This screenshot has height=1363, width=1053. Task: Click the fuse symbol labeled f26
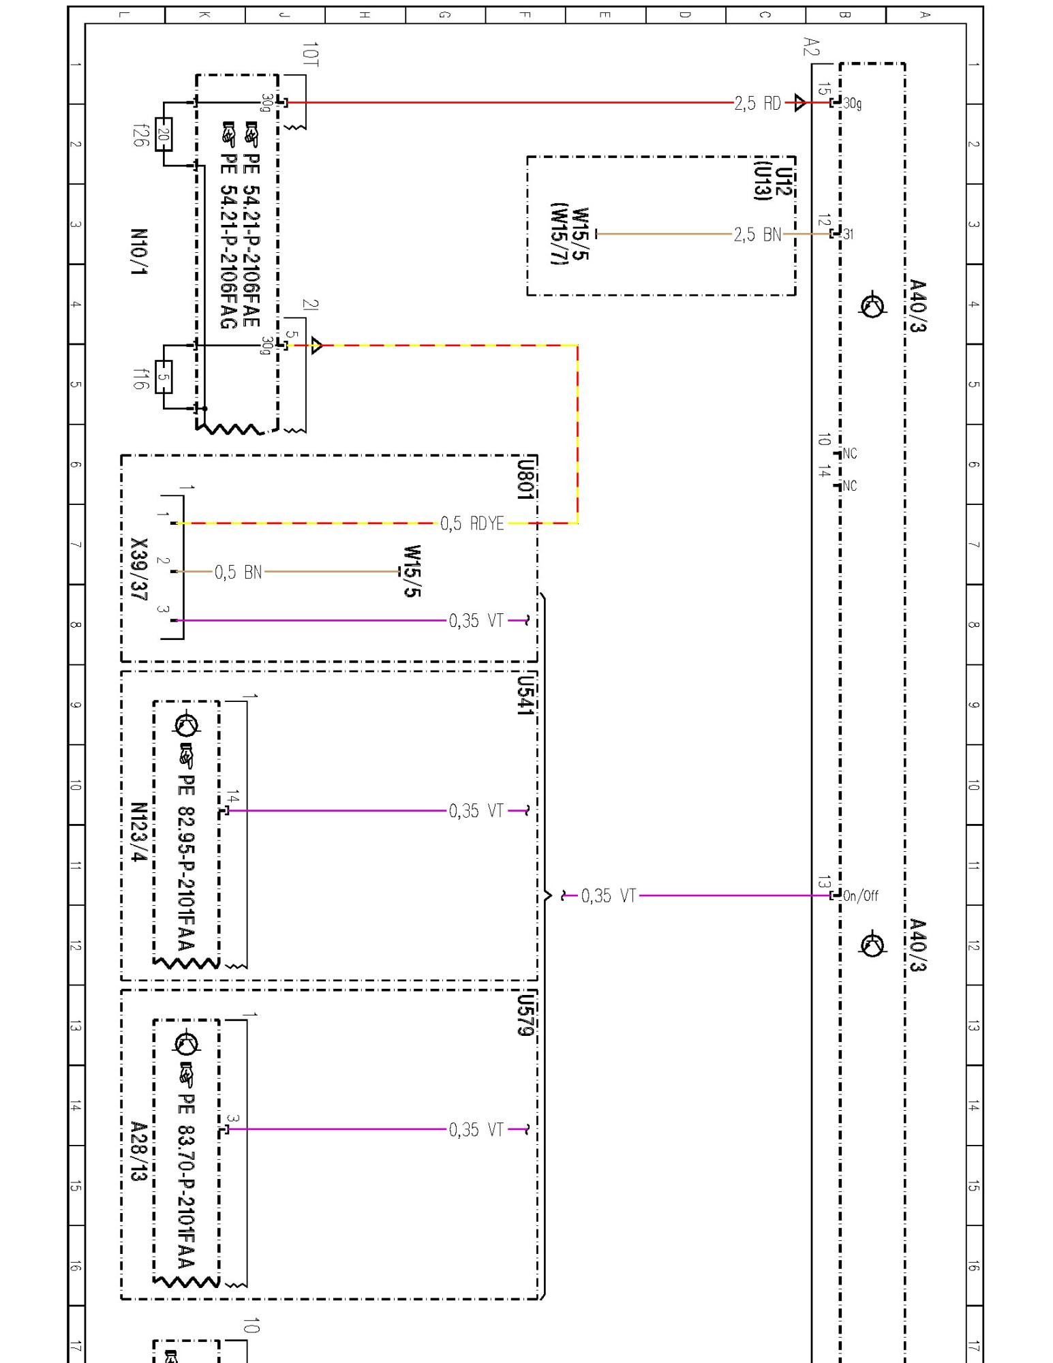164,134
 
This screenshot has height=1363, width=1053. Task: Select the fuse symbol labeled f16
164,377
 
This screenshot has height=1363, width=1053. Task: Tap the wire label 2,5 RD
757,104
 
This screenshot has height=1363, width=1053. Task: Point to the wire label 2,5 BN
757,234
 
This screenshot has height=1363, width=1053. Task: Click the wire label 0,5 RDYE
472,523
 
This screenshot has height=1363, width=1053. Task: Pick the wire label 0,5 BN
238,572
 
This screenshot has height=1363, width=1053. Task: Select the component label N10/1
139,251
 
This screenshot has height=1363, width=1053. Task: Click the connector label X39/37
139,569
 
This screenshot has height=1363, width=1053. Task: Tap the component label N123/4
139,831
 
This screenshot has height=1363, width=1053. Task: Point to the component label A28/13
139,1151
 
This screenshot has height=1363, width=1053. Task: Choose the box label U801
524,479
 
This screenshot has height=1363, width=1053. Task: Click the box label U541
524,695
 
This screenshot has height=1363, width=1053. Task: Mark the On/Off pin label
860,895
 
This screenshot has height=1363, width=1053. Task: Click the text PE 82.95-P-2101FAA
186,862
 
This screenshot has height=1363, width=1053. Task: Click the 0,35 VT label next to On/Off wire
608,895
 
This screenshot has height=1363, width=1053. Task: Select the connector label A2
810,47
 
